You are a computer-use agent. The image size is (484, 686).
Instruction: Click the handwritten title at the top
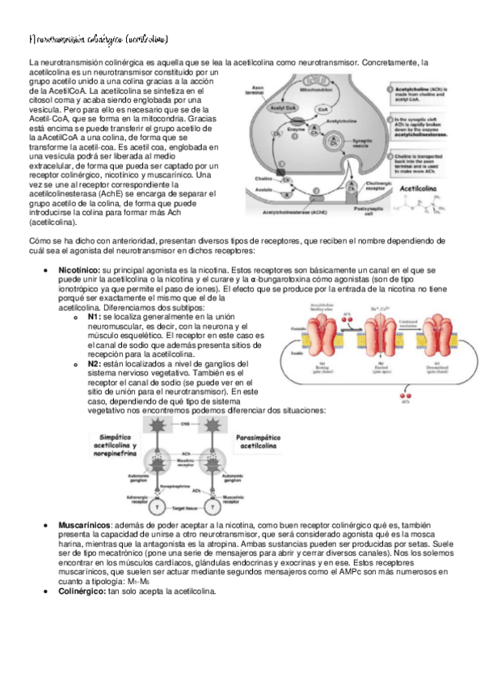(98, 38)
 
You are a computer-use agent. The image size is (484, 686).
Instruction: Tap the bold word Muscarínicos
(84, 526)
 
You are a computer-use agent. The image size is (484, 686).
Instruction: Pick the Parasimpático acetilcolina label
(258, 442)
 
